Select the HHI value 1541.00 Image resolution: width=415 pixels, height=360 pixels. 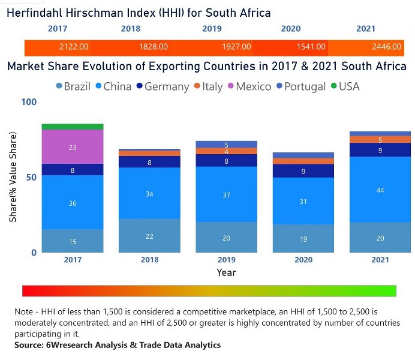pos(311,46)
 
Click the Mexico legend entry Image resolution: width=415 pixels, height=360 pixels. pos(252,86)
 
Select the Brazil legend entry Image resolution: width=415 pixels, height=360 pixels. pos(73,86)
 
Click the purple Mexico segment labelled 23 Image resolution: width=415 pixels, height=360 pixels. pos(73,147)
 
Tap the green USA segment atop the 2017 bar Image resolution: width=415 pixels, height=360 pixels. pos(73,127)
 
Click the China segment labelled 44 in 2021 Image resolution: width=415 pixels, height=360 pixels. pos(380,190)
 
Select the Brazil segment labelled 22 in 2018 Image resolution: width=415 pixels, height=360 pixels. pos(149,236)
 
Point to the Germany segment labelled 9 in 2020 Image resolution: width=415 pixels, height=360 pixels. pos(303,171)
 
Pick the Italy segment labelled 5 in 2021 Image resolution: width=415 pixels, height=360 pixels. pos(380,140)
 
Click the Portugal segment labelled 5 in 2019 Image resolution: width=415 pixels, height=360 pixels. pos(226,145)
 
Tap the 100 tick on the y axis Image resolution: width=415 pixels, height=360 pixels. pos(29,102)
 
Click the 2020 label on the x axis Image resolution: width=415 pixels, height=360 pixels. pos(303,260)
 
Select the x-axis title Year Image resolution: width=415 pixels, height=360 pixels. pos(226,272)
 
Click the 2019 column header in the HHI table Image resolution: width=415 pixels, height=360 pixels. pos(212,28)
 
